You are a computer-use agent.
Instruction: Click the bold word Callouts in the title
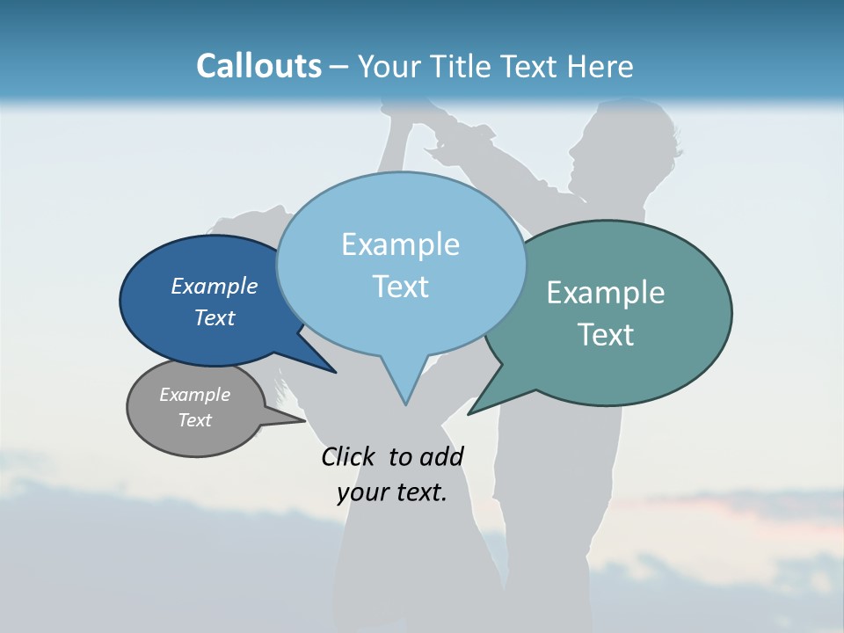pos(258,66)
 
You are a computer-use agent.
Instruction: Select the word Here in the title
pos(600,66)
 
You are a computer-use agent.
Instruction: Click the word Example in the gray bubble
pos(194,395)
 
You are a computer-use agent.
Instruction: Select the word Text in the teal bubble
pos(606,335)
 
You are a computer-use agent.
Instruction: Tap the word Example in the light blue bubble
pos(400,244)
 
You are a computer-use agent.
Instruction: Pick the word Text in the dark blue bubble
pos(214,317)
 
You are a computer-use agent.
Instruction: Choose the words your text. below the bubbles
pos(391,492)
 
